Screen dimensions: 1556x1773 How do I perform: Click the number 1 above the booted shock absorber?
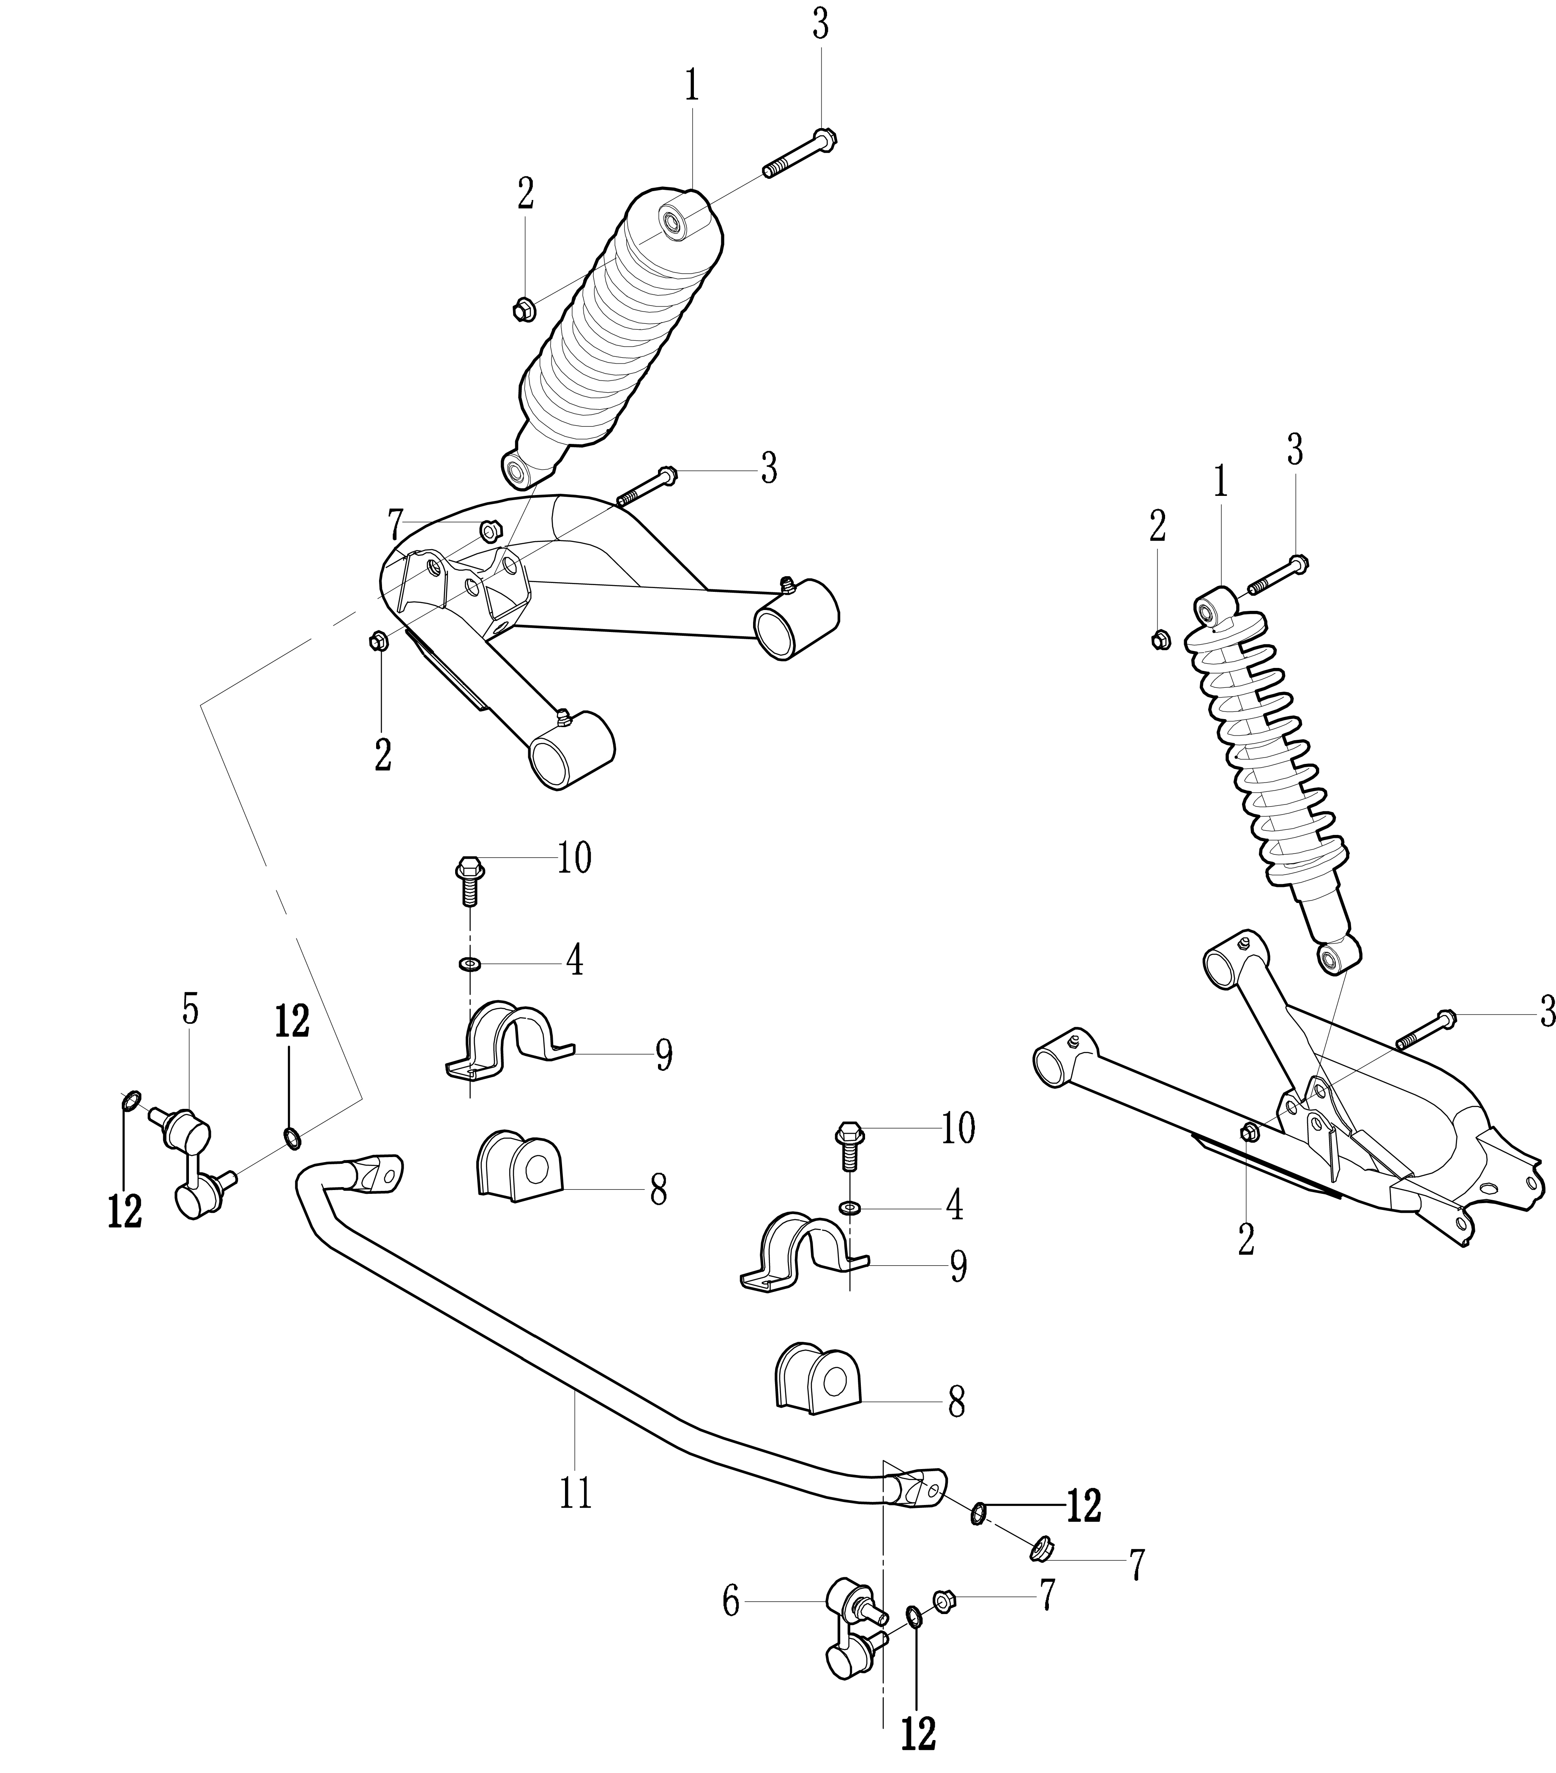click(x=691, y=88)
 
